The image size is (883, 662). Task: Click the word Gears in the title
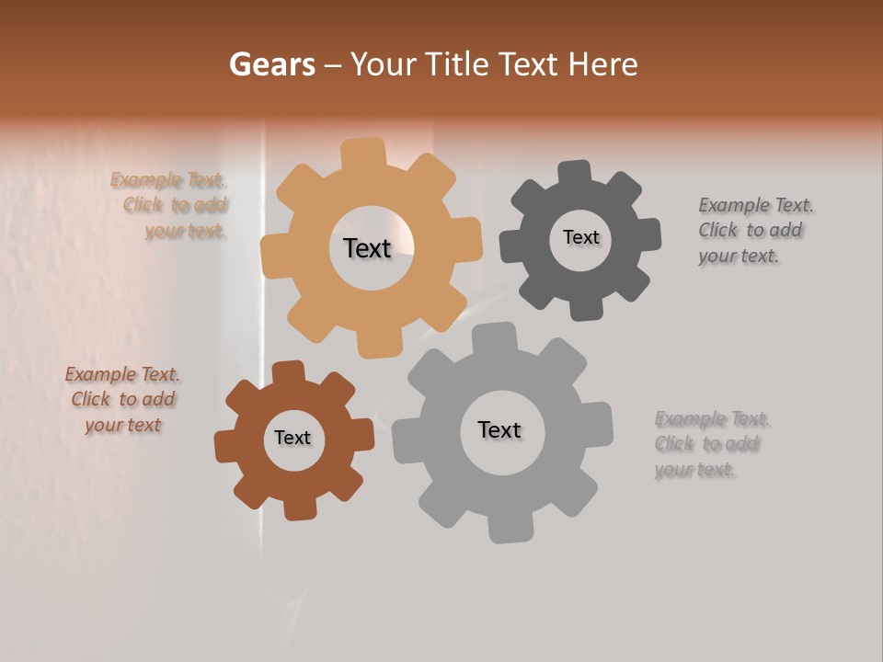271,64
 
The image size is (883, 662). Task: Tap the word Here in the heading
602,64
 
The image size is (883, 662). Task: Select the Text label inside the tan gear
367,248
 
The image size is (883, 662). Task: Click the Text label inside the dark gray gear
580,237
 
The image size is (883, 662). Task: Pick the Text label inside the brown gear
292,438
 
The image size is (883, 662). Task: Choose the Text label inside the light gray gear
499,429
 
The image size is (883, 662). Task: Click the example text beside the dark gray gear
754,230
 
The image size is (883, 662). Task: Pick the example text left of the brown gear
122,399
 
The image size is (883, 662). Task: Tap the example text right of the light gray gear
711,444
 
